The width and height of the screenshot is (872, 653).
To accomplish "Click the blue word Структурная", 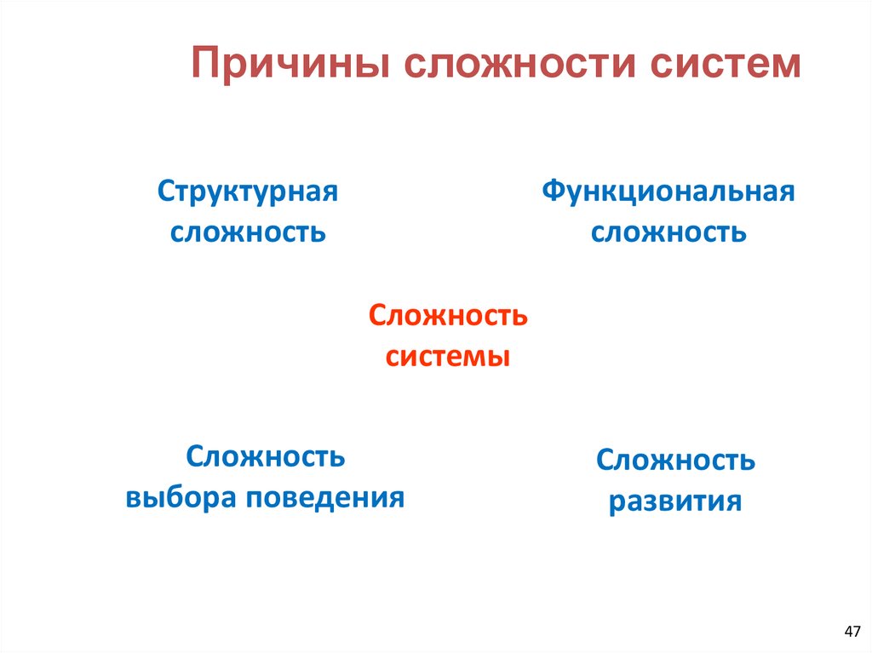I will pyautogui.click(x=248, y=191).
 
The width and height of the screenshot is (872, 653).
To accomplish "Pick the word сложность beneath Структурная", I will pyautogui.click(x=248, y=232).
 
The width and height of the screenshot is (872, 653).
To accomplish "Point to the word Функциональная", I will pyautogui.click(x=668, y=191).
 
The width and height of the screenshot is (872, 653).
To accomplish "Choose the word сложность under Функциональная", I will pyautogui.click(x=668, y=232).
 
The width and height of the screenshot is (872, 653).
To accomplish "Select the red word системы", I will pyautogui.click(x=448, y=356).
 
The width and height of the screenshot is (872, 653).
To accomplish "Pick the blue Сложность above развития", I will pyautogui.click(x=675, y=461).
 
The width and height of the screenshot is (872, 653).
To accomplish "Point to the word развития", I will pyautogui.click(x=675, y=501).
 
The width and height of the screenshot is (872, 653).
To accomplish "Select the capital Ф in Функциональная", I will pyautogui.click(x=554, y=191).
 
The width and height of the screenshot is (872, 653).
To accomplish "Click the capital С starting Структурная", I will pyautogui.click(x=164, y=191).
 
